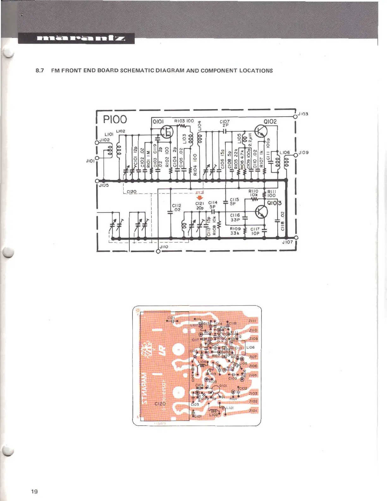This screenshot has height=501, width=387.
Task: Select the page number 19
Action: [34, 491]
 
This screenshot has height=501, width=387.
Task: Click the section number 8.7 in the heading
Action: [40, 71]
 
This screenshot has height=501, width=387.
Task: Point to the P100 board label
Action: [115, 120]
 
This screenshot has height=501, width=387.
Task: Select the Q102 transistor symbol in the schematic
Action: [261, 131]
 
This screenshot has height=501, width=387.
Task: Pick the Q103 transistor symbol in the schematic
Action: [261, 212]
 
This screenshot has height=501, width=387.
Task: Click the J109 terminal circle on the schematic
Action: [296, 155]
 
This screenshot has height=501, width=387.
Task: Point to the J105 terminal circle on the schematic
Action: [97, 181]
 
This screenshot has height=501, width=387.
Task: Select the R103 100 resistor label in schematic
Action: [184, 121]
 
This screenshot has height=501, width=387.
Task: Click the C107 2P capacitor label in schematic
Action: [224, 123]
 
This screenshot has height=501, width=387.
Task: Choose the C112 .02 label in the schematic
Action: [176, 207]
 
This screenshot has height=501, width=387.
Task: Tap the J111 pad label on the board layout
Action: [253, 321]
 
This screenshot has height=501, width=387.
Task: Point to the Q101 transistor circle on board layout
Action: [215, 389]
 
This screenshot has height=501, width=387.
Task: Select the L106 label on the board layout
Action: [250, 347]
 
